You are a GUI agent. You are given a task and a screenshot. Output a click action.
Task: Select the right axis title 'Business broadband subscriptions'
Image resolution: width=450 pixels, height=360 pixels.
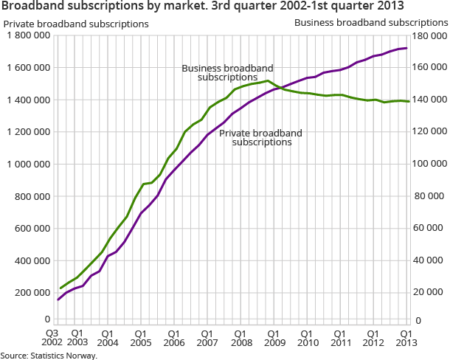click(x=370, y=23)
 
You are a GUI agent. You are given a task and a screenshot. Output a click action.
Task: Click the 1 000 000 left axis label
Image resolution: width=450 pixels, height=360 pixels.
click(x=27, y=164)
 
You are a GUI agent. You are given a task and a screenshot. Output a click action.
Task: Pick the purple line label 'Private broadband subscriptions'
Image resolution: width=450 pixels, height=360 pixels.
click(x=261, y=137)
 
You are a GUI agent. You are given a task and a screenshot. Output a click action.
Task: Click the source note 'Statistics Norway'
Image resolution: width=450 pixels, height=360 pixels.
click(x=49, y=355)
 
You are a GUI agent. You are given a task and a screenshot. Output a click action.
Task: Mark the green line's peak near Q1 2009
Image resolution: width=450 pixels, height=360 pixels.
click(x=268, y=80)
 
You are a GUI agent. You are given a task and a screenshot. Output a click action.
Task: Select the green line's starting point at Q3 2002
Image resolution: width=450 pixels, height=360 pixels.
click(x=60, y=288)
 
